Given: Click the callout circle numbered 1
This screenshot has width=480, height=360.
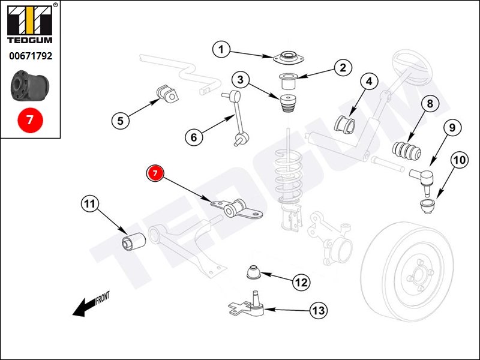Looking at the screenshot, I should click(221, 50).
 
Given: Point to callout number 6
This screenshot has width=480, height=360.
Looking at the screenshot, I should click(193, 137).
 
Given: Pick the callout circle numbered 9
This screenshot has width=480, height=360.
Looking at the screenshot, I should click(451, 127).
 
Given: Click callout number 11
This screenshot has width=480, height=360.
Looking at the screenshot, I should click(89, 205).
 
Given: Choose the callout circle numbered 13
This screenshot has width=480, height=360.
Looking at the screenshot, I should click(318, 310).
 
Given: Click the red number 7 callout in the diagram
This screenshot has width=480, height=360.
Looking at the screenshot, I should click(155, 173).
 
